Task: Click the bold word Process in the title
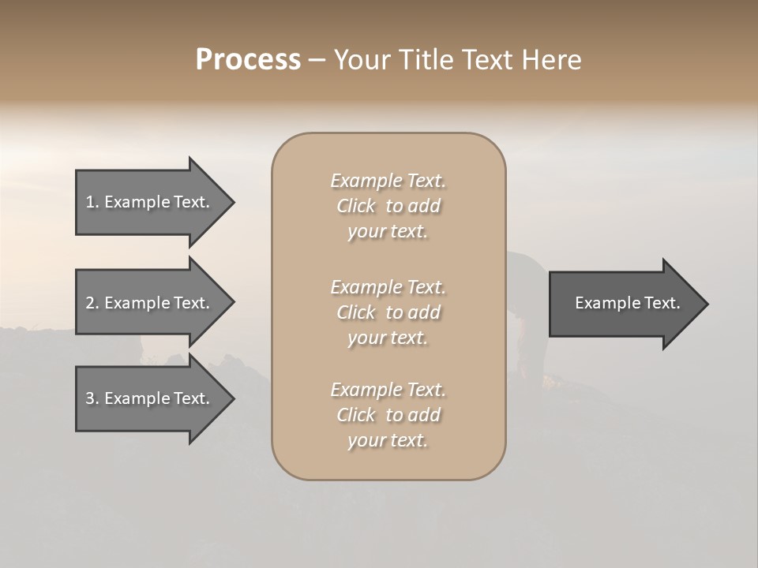[x=248, y=60]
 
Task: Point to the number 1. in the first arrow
[x=92, y=202]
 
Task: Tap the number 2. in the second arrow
[x=92, y=303]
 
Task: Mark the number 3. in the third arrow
[x=92, y=398]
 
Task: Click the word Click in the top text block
[x=356, y=207]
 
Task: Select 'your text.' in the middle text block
[x=388, y=338]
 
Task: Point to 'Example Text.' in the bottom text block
[x=388, y=390]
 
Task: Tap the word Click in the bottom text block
[x=356, y=415]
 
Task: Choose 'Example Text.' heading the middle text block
[x=388, y=287]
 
